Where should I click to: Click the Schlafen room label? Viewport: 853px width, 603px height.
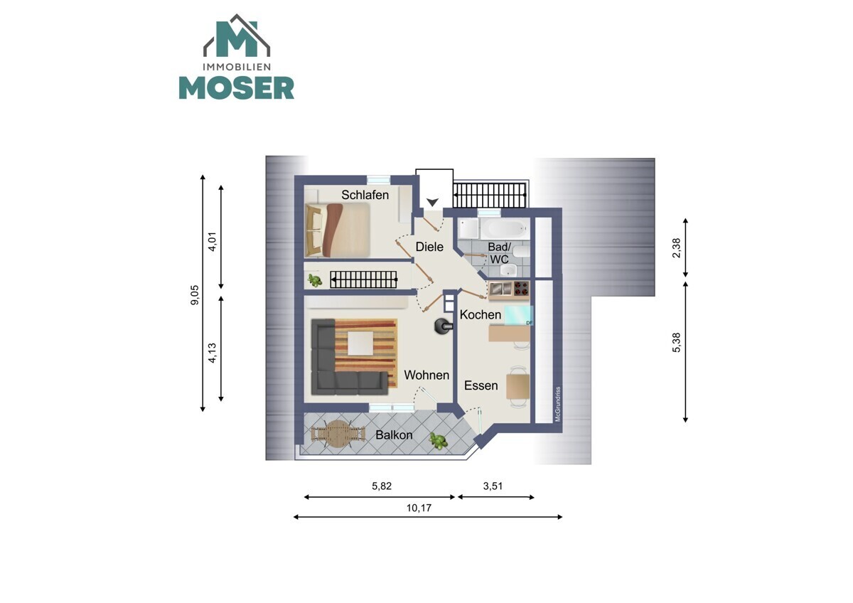365,195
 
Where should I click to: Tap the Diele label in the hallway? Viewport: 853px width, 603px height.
429,247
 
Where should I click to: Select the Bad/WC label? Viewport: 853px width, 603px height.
499,253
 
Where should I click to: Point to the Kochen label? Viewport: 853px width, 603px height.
481,314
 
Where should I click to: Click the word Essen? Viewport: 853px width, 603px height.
481,385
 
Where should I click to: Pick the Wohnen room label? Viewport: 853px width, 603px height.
426,375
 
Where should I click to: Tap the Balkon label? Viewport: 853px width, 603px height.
394,435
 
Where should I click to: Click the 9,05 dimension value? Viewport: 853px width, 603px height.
195,295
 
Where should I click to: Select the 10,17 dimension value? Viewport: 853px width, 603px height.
419,508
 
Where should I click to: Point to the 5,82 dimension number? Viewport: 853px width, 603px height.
382,486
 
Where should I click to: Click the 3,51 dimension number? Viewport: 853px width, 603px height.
493,486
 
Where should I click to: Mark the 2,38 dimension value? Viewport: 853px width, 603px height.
676,248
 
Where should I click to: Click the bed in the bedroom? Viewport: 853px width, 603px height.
338,230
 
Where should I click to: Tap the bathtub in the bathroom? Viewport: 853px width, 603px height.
505,228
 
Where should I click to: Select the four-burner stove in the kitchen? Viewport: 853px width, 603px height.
521,289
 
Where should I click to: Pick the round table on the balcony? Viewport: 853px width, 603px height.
338,434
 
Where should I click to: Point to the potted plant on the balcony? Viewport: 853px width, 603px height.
439,441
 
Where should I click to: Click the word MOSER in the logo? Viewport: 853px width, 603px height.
237,88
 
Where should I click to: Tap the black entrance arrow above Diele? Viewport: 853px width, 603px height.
432,202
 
